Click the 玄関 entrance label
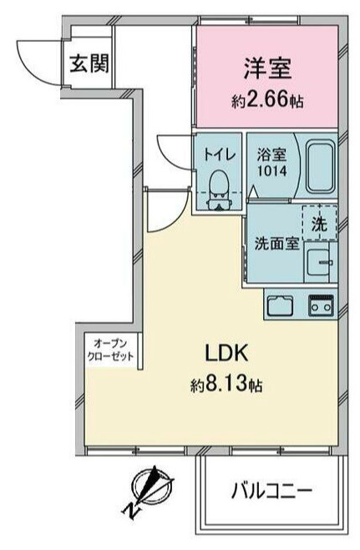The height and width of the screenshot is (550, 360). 89,63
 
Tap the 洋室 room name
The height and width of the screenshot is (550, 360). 268,68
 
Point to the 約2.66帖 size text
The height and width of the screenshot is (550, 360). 267,101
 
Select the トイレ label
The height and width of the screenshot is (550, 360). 219,154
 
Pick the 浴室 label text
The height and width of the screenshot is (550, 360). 271,154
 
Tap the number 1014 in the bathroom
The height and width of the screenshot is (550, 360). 272,171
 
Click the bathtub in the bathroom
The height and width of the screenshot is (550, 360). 320,167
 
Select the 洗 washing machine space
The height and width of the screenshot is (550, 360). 320,224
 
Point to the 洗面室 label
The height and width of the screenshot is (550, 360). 276,243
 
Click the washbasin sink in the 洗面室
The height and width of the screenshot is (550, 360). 318,262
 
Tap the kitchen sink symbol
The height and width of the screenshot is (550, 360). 280,305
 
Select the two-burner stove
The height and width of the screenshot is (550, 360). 321,305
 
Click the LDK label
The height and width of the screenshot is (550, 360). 226,353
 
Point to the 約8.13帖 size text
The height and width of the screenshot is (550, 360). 226,385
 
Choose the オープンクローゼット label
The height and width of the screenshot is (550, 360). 110,350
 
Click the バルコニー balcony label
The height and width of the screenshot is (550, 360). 271,490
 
